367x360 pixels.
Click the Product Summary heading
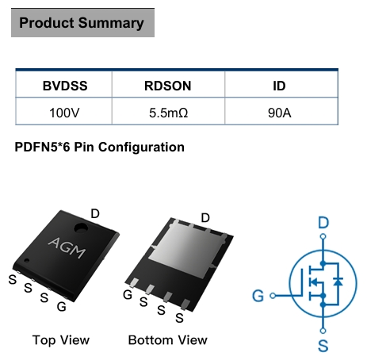(x=82, y=23)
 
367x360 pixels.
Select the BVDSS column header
(x=65, y=86)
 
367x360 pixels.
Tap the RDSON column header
(x=168, y=86)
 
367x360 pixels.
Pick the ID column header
(x=279, y=86)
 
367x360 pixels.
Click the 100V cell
(x=64, y=113)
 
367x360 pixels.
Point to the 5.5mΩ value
(x=169, y=113)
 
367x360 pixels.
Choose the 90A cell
(x=280, y=113)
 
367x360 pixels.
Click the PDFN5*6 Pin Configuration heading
(x=99, y=147)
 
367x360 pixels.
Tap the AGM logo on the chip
(x=67, y=247)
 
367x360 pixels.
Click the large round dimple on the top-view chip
(x=81, y=228)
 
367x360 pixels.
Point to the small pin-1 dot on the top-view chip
(x=27, y=261)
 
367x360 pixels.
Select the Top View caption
(x=61, y=340)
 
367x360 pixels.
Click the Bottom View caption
(x=168, y=340)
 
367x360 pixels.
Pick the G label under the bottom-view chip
(x=128, y=295)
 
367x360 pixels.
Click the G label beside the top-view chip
(x=62, y=307)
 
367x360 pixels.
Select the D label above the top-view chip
(x=95, y=213)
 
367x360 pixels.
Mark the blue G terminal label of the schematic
(x=258, y=296)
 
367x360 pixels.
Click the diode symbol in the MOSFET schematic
(x=338, y=281)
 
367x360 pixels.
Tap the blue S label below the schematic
(x=323, y=346)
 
